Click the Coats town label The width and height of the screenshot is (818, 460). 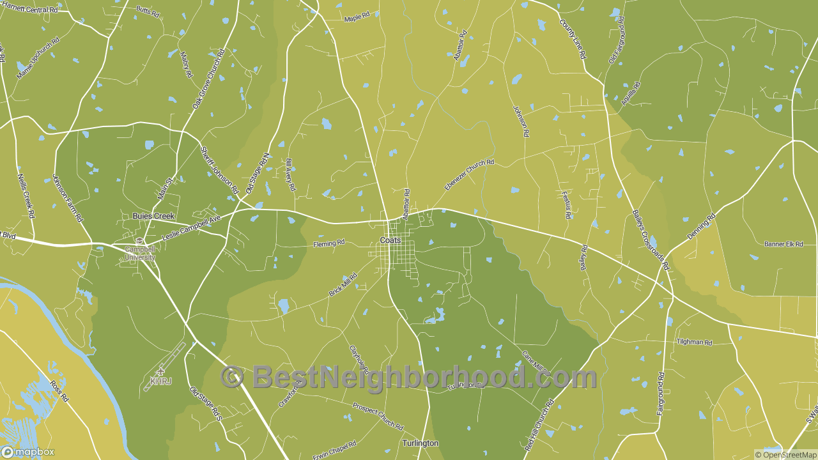[x=390, y=240]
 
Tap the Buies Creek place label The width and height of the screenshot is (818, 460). [x=153, y=216]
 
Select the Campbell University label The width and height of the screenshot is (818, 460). [x=140, y=253]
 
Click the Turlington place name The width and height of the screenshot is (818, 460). [x=421, y=443]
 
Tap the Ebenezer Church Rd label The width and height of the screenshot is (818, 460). [x=469, y=174]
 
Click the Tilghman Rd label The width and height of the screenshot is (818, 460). [x=694, y=342]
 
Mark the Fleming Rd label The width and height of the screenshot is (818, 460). [x=329, y=243]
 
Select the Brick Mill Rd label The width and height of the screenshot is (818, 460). [x=343, y=284]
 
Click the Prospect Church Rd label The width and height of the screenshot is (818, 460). [x=378, y=416]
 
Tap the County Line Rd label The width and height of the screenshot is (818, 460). [x=573, y=39]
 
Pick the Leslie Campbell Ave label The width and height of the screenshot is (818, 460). [x=191, y=228]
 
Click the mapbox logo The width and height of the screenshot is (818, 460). [x=28, y=452]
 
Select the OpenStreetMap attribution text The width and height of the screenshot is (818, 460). [x=785, y=455]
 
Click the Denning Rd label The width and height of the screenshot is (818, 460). [x=701, y=226]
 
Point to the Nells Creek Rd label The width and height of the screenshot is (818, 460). [x=26, y=195]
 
